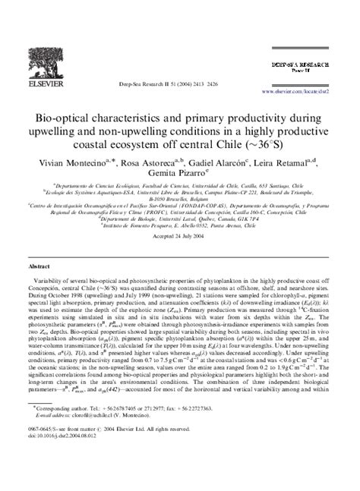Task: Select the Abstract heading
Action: tap(39, 267)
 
